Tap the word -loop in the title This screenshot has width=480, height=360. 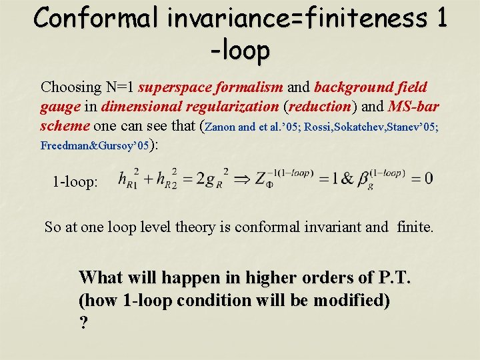click(239, 51)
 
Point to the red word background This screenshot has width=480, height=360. click(351, 87)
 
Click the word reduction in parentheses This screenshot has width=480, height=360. click(319, 107)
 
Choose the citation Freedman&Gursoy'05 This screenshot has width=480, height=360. click(94, 145)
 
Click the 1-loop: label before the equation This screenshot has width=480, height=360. click(75, 181)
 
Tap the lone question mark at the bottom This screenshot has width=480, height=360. click(83, 323)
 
